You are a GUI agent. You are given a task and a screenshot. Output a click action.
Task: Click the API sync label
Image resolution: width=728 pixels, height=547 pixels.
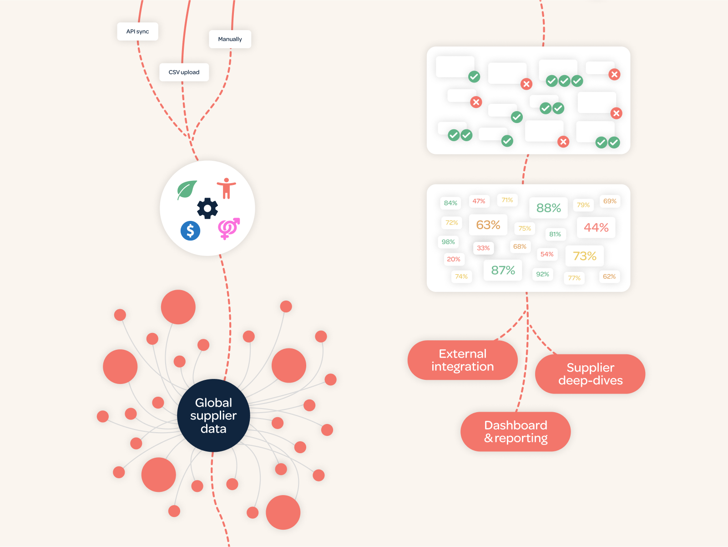(x=137, y=31)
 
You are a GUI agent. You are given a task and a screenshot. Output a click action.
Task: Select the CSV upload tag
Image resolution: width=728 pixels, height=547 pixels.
(x=184, y=72)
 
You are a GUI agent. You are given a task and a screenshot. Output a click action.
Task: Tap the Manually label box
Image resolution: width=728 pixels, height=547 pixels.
(x=230, y=39)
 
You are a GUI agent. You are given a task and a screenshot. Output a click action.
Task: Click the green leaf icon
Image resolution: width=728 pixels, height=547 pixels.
(x=187, y=189)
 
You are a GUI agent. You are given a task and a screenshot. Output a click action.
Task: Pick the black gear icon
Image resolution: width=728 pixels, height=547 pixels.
(x=207, y=208)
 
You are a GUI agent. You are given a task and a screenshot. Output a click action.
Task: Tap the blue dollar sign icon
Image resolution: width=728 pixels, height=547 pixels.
(x=190, y=231)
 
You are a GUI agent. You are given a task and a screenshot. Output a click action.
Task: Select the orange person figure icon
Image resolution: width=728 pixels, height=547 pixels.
(x=226, y=188)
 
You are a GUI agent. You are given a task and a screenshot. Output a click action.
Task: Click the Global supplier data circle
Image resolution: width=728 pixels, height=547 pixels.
(x=213, y=415)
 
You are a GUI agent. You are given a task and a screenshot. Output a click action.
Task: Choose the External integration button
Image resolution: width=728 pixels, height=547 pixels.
(x=462, y=360)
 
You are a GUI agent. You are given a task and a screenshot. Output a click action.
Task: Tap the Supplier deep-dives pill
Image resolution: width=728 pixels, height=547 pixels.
(x=590, y=374)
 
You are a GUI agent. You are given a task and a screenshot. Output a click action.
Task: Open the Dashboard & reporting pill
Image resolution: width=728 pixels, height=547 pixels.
(x=516, y=432)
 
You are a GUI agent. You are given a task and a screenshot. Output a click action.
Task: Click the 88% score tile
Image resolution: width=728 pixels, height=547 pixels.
(x=548, y=208)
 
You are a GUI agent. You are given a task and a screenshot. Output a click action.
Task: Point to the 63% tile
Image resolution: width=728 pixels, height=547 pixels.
(x=488, y=225)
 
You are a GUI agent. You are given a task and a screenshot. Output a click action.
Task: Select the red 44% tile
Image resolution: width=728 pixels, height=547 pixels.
(x=596, y=227)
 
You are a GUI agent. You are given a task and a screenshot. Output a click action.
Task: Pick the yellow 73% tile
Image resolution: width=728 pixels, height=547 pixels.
(x=584, y=256)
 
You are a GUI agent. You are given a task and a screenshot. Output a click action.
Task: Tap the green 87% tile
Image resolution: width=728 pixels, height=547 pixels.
(x=503, y=270)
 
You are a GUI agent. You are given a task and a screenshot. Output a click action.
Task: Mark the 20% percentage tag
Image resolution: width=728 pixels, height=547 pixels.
(x=454, y=259)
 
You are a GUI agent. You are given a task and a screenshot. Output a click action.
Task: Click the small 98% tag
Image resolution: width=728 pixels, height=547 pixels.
(x=448, y=242)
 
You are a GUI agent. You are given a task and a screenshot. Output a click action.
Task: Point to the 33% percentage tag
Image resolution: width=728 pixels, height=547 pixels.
(x=483, y=248)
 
